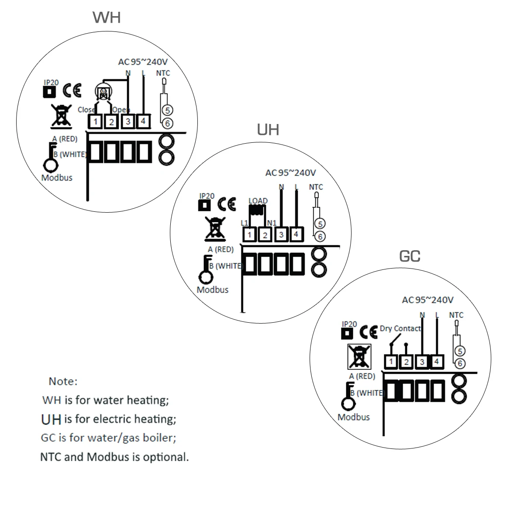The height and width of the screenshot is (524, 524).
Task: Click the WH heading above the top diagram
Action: tap(107, 17)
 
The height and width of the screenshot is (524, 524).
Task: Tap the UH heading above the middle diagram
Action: tap(268, 130)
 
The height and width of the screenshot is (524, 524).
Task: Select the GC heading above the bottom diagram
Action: tap(410, 256)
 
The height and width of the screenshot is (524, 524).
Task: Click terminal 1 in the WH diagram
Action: tap(96, 121)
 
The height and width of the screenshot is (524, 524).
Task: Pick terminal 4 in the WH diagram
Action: tap(143, 121)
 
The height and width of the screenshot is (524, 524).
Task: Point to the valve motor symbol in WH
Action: tap(103, 92)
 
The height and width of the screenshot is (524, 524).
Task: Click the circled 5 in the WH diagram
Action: tap(167, 110)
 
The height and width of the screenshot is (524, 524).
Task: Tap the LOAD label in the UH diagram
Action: tap(258, 201)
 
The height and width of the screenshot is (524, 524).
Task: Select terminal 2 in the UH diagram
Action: tap(265, 235)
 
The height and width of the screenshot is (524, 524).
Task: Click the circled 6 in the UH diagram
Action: tap(320, 237)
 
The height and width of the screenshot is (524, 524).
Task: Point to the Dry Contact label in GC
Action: tap(400, 328)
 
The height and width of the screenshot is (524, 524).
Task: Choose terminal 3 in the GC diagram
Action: tap(422, 362)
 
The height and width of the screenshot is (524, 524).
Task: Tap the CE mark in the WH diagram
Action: tap(72, 90)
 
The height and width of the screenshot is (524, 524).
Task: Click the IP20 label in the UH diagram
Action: tap(207, 196)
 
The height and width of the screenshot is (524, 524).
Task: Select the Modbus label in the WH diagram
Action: tap(57, 178)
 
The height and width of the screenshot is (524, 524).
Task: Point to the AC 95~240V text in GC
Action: tap(427, 300)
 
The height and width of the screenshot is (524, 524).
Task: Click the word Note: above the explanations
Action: tap(63, 381)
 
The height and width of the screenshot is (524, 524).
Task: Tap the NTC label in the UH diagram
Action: tap(316, 187)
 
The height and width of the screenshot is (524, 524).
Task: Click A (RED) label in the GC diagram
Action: tap(362, 376)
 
